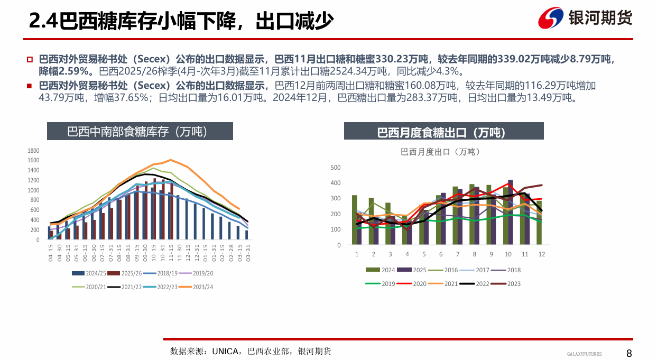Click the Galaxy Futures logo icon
(551, 19)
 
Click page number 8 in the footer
(629, 353)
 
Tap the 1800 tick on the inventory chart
(34, 151)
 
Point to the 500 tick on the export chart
(336, 168)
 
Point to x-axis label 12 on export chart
(541, 254)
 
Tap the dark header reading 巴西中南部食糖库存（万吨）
(140, 132)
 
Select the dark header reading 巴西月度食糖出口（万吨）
(443, 132)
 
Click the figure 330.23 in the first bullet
(398, 60)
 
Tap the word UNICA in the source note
(225, 352)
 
